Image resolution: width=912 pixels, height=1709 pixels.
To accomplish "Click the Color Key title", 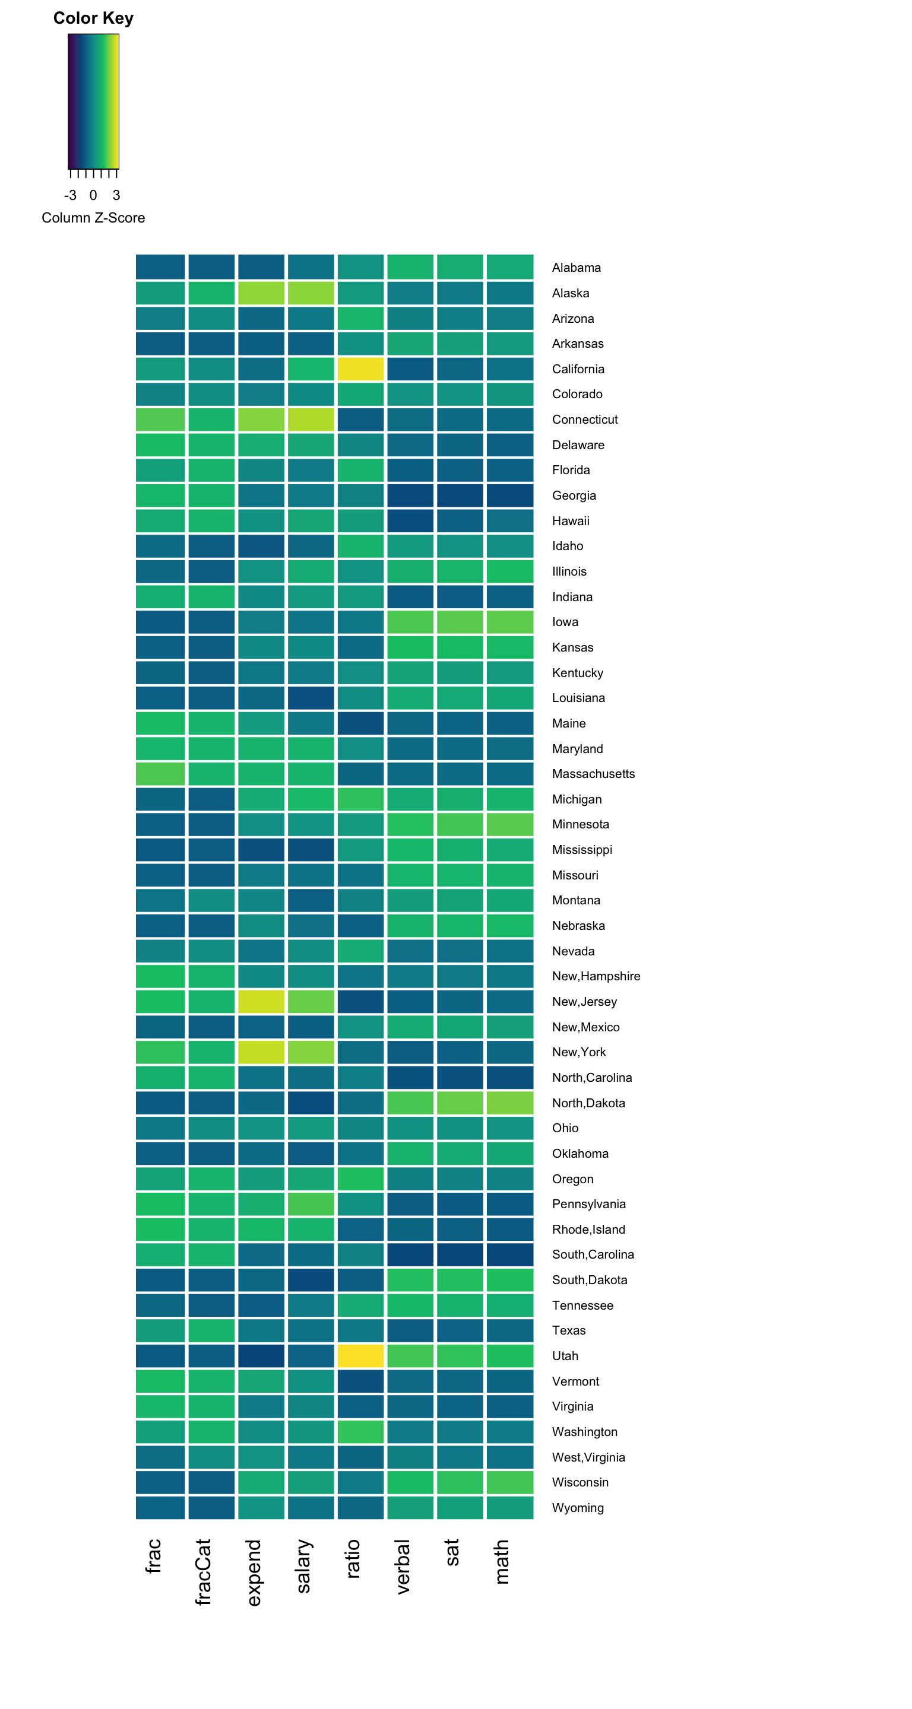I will coord(93,18).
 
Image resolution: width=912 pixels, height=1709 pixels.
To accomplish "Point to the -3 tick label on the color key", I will coord(70,195).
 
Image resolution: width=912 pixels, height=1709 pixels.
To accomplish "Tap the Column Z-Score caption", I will coord(93,218).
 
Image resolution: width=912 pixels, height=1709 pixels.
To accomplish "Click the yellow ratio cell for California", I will coord(360,369).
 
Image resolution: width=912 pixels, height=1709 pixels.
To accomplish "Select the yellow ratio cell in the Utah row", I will coord(360,1355).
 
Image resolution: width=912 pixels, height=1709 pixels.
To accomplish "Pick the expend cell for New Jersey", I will coord(261,1001).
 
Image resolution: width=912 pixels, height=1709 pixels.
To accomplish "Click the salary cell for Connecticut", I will coord(311,420).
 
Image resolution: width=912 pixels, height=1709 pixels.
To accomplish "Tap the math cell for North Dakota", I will coord(510,1103).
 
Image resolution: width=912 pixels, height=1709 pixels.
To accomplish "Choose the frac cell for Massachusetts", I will coord(160,774).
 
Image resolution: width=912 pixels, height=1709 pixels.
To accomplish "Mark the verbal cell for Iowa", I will coord(410,622).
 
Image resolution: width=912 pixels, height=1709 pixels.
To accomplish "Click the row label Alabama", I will coord(576,268).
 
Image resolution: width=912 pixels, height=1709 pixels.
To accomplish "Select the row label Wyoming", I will coord(578,1507).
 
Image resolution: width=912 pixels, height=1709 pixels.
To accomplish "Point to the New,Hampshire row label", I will coord(596,976).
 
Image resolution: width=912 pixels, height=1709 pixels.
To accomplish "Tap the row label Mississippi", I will coord(581,849).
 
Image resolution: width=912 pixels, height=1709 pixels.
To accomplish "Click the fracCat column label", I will coord(203,1571).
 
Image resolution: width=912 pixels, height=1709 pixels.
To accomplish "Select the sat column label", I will coord(452,1552).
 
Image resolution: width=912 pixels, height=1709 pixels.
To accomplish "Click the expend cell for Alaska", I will coord(261,293).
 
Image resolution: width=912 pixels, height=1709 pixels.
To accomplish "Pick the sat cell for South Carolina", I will coord(460,1254).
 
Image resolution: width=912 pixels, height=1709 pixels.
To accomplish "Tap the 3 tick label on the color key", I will coord(116,195).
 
